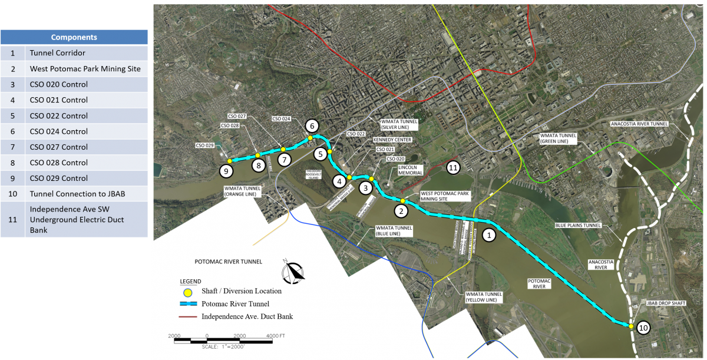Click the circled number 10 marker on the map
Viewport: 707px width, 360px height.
[643, 328]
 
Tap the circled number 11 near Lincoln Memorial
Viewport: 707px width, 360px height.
[453, 167]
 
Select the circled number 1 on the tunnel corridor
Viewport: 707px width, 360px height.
[488, 235]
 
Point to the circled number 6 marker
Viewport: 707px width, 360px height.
[312, 125]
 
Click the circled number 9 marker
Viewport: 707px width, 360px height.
[226, 171]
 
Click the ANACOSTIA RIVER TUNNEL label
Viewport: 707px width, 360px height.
[639, 124]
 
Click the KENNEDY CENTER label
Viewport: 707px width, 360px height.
[392, 140]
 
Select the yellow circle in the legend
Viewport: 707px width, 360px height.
[188, 291]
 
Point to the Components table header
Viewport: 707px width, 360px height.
[74, 37]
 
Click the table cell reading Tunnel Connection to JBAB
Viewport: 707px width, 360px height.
[86, 194]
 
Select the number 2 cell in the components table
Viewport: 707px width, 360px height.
[12, 69]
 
